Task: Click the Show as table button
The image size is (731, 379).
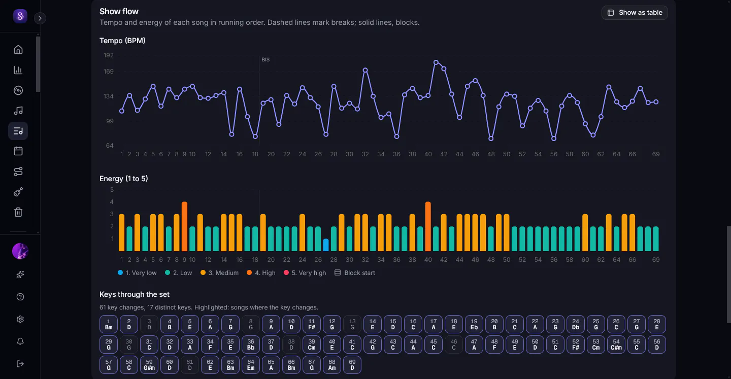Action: pos(635,12)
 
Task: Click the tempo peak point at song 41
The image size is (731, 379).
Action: pos(436,62)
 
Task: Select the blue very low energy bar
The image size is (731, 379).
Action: pos(326,245)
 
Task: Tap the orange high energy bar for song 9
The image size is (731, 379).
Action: pos(184,226)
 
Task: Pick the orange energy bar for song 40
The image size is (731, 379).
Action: pos(428,226)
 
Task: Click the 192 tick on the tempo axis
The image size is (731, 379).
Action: pos(108,55)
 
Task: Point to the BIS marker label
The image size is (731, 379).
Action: pos(265,60)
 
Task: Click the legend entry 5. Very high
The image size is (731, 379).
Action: pos(305,272)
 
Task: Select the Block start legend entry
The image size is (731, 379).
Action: pos(355,272)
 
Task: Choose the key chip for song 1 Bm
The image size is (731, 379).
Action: pos(108,324)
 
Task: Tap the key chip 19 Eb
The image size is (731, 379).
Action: pos(474,324)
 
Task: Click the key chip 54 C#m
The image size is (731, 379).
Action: pos(616,344)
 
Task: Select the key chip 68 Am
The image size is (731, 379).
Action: pos(332,365)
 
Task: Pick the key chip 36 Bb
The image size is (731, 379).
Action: pos(251,344)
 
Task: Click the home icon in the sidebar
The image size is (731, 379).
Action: pos(18,50)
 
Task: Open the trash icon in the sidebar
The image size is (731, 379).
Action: pos(18,212)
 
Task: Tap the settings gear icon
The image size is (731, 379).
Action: pos(20,319)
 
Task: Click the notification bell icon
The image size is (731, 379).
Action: pos(20,341)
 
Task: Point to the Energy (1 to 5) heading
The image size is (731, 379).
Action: pos(124,179)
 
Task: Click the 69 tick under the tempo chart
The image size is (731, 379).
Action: pos(656,154)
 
